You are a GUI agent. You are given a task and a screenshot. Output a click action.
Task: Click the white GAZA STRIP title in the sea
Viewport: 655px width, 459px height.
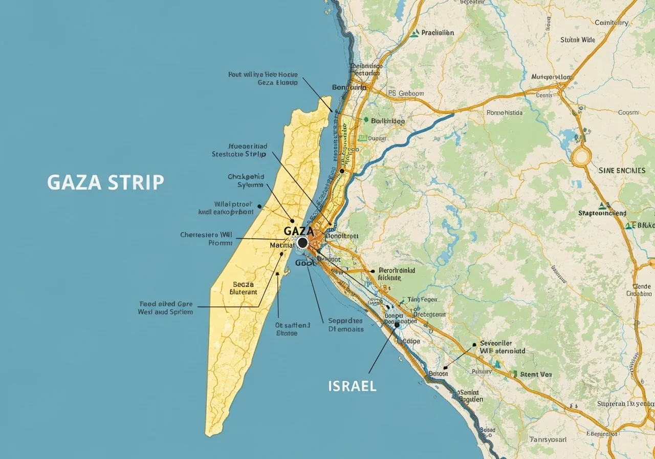click(105, 182)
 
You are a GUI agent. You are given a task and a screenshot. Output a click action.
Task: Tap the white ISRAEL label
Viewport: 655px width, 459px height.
click(352, 386)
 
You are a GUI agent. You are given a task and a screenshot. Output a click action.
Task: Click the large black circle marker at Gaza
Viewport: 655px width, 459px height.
click(302, 242)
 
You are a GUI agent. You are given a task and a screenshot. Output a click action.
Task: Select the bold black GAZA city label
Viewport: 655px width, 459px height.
click(298, 231)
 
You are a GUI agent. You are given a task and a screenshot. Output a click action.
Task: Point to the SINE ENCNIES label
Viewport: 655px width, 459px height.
click(622, 170)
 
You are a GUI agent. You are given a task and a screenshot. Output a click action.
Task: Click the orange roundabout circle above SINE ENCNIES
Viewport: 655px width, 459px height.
click(581, 156)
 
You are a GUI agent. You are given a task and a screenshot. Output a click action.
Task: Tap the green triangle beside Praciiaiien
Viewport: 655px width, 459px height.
click(414, 33)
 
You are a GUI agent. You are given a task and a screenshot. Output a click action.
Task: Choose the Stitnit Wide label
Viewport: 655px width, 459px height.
click(578, 39)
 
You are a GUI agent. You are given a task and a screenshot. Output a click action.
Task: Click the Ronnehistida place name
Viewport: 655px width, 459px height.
click(504, 113)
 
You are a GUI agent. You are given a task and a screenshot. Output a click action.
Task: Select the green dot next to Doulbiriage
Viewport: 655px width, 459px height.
click(366, 120)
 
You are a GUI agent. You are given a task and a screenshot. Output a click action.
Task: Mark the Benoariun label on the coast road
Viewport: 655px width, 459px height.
click(350, 88)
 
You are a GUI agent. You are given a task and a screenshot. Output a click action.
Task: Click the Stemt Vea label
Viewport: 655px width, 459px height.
click(536, 374)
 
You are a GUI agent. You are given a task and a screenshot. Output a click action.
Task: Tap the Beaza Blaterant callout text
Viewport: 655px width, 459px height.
click(243, 288)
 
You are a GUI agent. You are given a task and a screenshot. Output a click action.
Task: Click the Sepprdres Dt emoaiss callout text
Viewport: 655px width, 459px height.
click(346, 325)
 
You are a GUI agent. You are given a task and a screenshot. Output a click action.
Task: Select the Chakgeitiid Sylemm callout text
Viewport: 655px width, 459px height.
click(246, 181)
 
